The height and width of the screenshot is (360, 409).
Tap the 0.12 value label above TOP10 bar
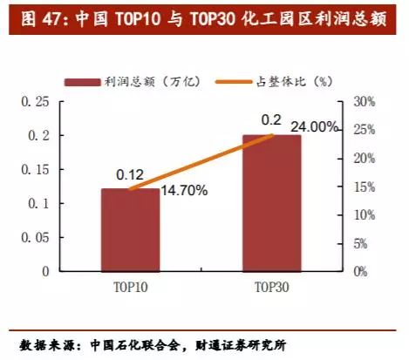tap(129, 175)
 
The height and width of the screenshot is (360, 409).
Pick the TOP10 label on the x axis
tap(130, 285)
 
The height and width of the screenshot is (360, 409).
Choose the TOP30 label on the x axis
tap(270, 285)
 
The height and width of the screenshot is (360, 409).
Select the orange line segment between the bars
tap(201, 161)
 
